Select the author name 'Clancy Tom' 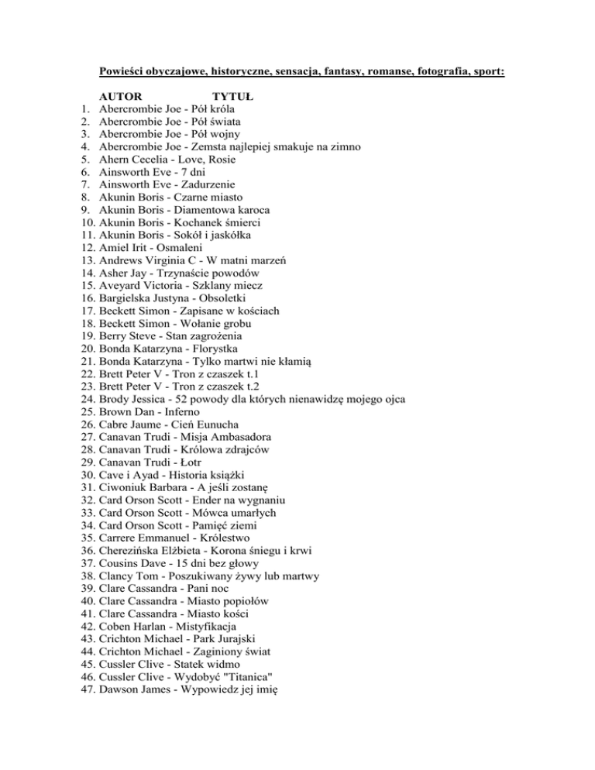tap(126, 576)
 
